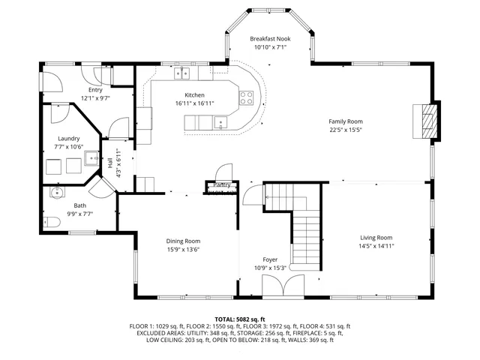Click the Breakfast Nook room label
(x=269, y=38)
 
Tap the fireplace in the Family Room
(x=427, y=120)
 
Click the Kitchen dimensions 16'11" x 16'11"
(x=194, y=103)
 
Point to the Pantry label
(x=222, y=184)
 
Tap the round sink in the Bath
(x=57, y=193)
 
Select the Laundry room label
(x=69, y=139)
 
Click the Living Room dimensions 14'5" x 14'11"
(x=375, y=245)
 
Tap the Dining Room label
(x=183, y=241)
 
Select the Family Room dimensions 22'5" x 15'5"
(x=345, y=130)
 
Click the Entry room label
(x=95, y=90)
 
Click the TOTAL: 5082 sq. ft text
(x=239, y=319)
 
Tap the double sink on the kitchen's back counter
(x=181, y=73)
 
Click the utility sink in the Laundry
(x=91, y=157)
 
